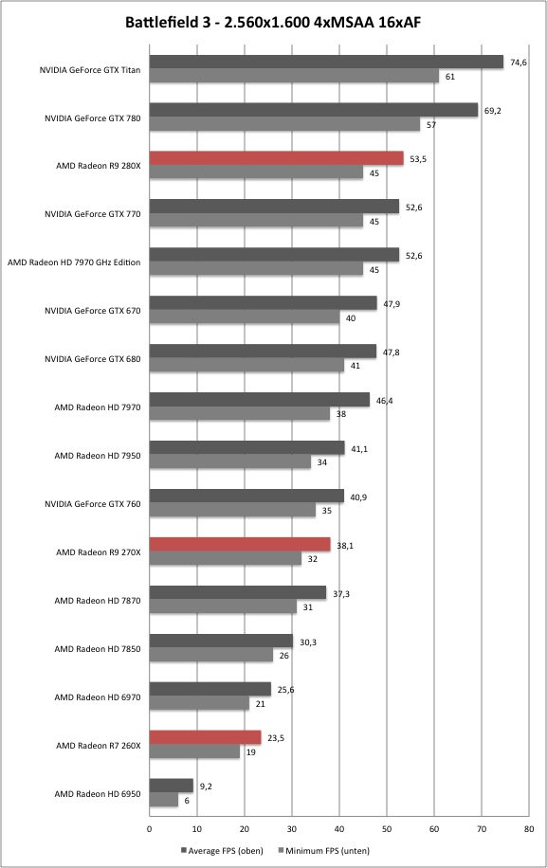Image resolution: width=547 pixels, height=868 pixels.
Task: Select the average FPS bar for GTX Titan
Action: [326, 62]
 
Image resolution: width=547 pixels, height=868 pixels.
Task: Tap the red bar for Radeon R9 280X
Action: [276, 158]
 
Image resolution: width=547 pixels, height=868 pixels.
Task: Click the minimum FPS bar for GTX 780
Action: [284, 124]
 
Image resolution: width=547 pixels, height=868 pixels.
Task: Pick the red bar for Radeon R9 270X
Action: [240, 545]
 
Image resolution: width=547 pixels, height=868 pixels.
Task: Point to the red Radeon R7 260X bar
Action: [205, 737]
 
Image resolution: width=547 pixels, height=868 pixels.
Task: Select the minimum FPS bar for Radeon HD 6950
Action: [164, 800]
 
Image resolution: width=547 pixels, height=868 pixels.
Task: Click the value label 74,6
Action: [519, 63]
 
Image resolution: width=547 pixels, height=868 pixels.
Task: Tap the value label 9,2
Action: [206, 787]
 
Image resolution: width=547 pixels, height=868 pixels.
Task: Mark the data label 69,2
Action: [493, 111]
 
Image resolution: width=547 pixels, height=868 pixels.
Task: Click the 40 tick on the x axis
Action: [339, 829]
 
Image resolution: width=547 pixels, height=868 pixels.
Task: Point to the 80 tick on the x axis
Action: [529, 829]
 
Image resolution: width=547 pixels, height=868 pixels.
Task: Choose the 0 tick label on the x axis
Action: [150, 829]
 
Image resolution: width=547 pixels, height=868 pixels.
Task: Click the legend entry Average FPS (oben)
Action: [222, 850]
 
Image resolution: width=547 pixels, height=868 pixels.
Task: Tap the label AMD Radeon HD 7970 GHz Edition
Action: [74, 262]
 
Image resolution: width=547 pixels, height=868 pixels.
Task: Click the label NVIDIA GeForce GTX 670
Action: [93, 311]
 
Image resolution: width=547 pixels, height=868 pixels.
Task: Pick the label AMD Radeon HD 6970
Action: [98, 696]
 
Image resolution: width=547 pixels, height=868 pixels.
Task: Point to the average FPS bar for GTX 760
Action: [246, 496]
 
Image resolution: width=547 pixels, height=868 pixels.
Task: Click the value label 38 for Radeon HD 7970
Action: [341, 413]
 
